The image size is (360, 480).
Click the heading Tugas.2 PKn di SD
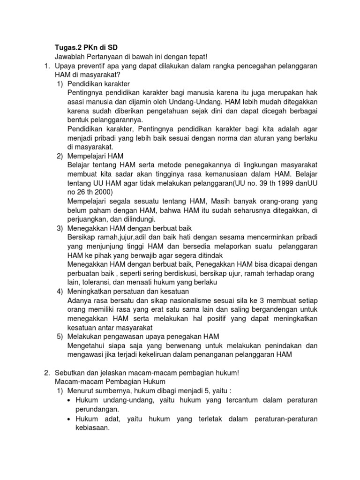click(86, 47)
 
